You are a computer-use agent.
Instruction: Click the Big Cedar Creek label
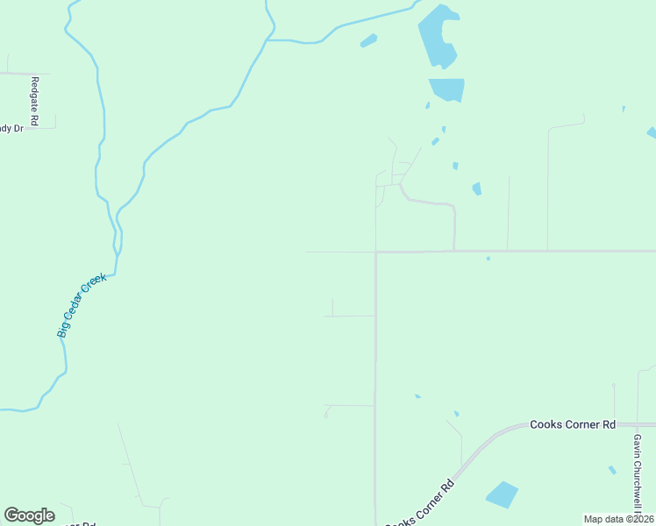[82, 306]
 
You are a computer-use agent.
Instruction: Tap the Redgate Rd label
[35, 103]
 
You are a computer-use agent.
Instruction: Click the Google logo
[29, 515]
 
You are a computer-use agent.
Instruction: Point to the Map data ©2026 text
[618, 519]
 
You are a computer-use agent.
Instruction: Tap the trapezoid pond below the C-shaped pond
[447, 89]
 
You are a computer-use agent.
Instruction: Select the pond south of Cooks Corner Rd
[502, 494]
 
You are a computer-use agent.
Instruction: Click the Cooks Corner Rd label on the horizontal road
[573, 424]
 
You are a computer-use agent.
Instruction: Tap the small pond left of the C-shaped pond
[368, 40]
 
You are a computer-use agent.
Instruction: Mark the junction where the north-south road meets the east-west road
[375, 252]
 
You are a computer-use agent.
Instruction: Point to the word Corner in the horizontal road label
[573, 424]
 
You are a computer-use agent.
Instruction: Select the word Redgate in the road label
[35, 95]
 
